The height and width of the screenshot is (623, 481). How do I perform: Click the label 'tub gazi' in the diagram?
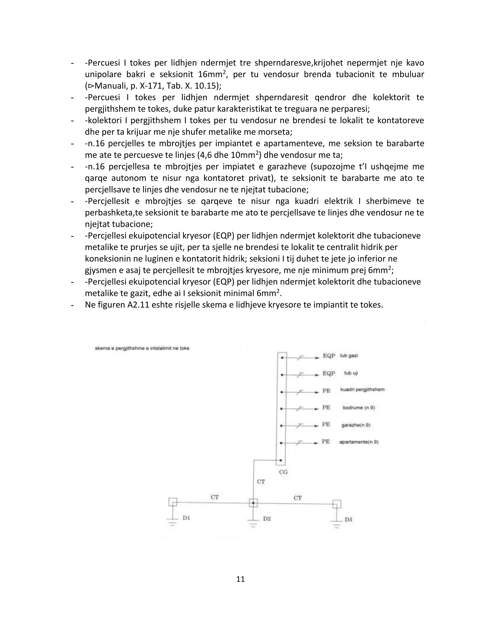pos(349,356)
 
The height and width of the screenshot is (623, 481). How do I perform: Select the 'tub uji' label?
pos(351,373)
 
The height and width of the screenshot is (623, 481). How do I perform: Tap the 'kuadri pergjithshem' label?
pos(362,389)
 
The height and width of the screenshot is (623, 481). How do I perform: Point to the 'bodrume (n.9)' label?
pos(358,408)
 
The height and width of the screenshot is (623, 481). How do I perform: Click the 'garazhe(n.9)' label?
pos(356,425)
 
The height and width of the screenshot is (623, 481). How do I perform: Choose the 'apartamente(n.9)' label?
pos(359,442)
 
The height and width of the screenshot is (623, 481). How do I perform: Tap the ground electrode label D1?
pos(186,518)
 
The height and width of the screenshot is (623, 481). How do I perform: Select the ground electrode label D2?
pos(267,519)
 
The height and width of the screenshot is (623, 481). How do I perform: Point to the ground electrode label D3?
pos(348,520)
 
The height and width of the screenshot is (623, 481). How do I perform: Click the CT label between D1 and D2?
pos(215,497)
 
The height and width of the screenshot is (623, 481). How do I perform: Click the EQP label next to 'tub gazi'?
pos(329,356)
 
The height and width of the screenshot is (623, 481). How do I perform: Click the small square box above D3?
pos(337,504)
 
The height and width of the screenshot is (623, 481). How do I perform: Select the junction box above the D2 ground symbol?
pos(253,503)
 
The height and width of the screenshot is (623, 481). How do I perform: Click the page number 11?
pos(240,579)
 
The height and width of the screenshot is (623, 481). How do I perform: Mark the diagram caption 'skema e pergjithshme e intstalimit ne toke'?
pos(142,348)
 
